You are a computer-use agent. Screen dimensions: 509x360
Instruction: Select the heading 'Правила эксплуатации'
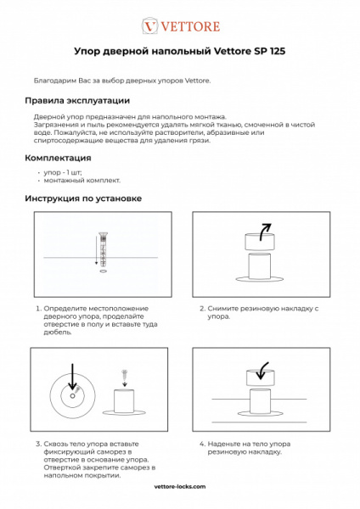(x=76, y=100)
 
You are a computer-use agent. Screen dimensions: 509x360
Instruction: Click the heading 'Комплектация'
(x=58, y=158)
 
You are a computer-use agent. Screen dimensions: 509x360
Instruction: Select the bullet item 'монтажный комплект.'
(x=82, y=180)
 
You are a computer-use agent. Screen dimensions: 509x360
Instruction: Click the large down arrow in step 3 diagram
(x=73, y=377)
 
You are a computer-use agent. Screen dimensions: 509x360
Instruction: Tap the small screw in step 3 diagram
(x=125, y=373)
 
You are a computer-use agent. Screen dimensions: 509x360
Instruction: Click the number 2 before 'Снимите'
(x=201, y=308)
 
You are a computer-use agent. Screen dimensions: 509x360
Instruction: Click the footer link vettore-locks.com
(x=180, y=488)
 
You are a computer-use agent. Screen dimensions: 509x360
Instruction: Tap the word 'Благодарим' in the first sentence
(x=53, y=81)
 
